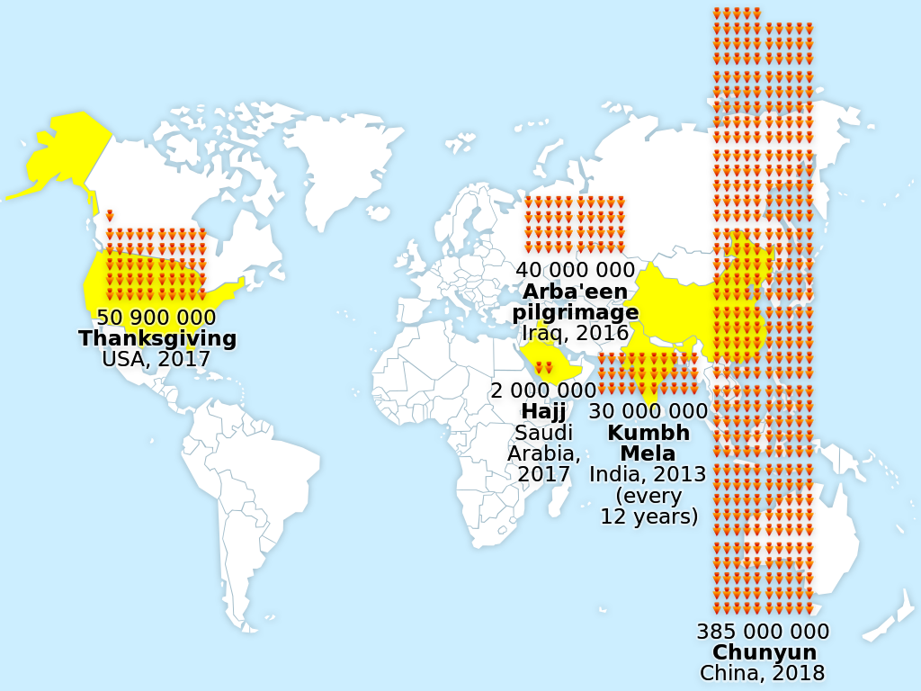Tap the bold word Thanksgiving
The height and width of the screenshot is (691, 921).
[x=157, y=338]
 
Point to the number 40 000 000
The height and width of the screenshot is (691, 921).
[x=575, y=270]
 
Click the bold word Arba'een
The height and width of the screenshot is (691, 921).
[x=575, y=292]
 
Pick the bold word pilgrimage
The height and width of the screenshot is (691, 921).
[x=575, y=312]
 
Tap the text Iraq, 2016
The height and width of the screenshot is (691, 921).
[x=575, y=333]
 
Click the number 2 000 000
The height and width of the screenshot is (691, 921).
[x=543, y=390]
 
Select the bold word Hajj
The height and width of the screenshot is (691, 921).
[x=543, y=411]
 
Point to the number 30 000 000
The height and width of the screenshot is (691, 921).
[x=648, y=411]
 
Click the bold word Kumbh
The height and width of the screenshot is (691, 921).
[x=648, y=432]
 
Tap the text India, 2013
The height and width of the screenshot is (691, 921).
[x=648, y=474]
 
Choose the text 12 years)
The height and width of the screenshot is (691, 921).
[x=648, y=516]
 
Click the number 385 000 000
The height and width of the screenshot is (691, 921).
[x=763, y=632]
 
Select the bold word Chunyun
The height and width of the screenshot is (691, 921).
[x=763, y=652]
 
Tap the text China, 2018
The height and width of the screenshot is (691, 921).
[x=763, y=673]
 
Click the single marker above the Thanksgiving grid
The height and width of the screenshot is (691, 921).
[x=110, y=216]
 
